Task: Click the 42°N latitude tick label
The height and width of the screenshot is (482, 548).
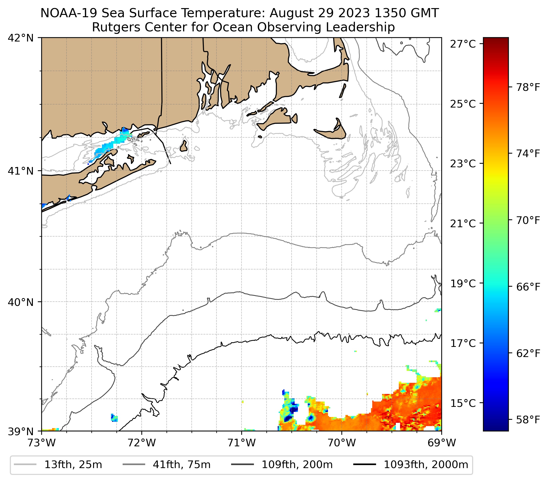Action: click(x=21, y=38)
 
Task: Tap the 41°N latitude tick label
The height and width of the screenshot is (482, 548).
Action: click(x=21, y=171)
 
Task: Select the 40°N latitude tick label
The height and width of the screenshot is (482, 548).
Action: click(x=21, y=302)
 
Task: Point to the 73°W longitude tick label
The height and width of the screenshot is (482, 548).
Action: click(x=41, y=443)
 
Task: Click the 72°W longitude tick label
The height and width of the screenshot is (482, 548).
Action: click(x=142, y=443)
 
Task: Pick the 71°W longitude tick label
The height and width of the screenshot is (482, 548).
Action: click(x=242, y=443)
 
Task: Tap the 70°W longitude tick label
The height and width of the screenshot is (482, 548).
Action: click(x=342, y=443)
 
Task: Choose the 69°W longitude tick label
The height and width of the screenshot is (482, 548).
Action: click(x=442, y=443)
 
